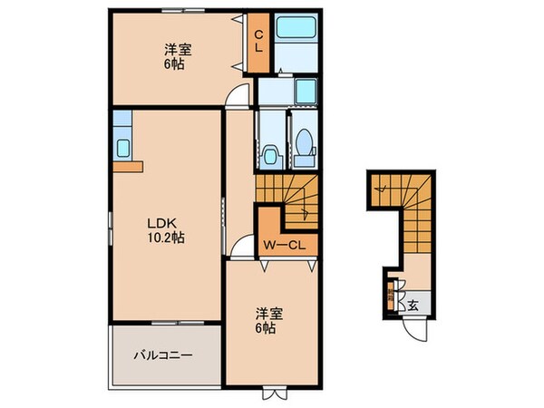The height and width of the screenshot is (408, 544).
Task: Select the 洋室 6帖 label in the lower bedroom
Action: pos(268,320)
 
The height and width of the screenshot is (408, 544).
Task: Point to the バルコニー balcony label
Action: pos(163,356)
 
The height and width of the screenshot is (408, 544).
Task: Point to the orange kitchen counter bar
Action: pos(129,165)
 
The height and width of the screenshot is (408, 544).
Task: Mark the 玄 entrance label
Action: pos(413,305)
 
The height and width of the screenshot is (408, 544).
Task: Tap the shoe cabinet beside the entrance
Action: pos(391,296)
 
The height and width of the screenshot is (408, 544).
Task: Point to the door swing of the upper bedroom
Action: pos(236,95)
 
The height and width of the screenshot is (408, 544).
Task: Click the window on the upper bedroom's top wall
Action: pos(179,11)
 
